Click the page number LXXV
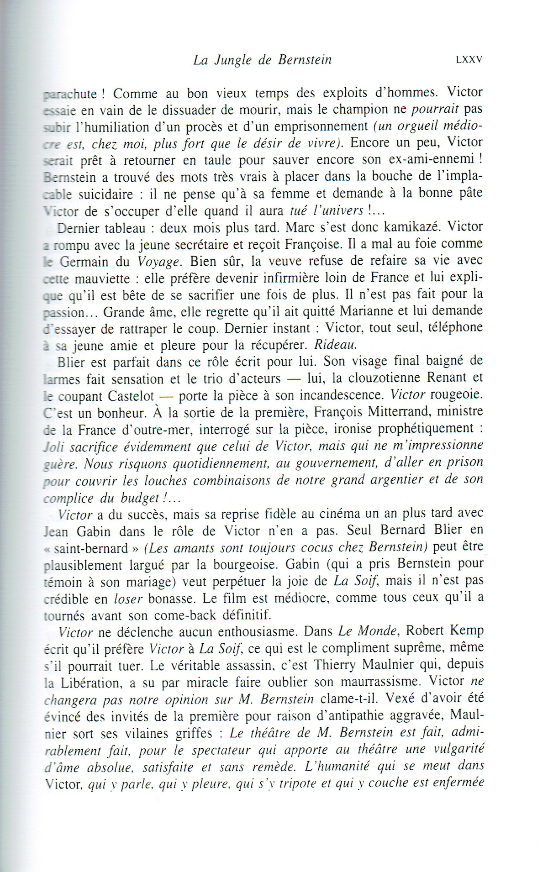click(x=469, y=60)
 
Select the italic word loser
click(x=128, y=599)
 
